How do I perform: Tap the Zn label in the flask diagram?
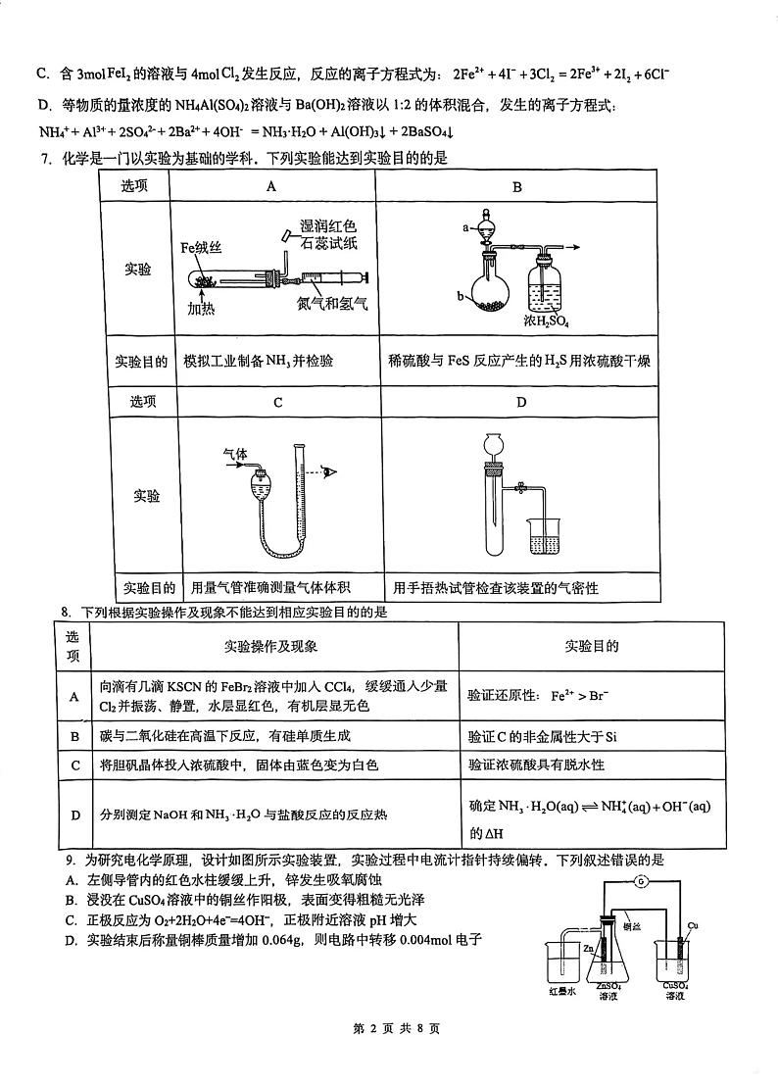[588, 949]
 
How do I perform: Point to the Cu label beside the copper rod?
[693, 925]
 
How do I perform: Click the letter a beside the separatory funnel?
[465, 226]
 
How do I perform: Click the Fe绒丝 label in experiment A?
[199, 248]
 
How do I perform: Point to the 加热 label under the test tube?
[202, 310]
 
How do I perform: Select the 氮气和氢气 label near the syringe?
[332, 303]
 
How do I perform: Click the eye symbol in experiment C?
[331, 472]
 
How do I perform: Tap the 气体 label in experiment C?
[235, 454]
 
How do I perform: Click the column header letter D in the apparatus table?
[520, 402]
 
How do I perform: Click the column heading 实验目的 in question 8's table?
[591, 647]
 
